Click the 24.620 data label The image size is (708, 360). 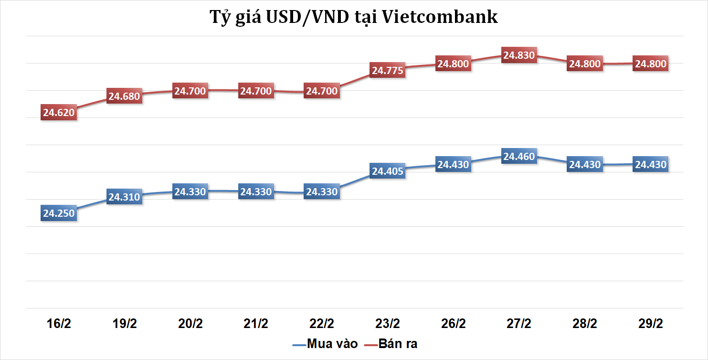pos(59,113)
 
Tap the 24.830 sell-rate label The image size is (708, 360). pos(519,55)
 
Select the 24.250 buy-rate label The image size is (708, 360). pos(59,213)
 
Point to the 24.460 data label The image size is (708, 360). pos(519,156)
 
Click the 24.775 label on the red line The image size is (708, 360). pos(388,71)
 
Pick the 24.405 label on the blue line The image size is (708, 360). pos(388,171)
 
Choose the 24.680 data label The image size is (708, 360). pos(124,96)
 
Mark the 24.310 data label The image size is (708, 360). pos(124,197)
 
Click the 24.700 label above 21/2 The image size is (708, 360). pos(256,91)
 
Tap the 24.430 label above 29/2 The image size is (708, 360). pos(650,164)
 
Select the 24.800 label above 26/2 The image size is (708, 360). pos(454,64)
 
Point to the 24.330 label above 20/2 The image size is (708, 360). pos(190,192)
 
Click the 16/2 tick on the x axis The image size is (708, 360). pos(59,324)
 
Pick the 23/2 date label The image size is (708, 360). pos(388,324)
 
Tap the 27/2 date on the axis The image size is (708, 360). pos(519,324)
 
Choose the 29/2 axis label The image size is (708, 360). pos(650,324)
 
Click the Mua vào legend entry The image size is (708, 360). pos(325,344)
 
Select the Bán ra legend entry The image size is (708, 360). pos(391,344)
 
